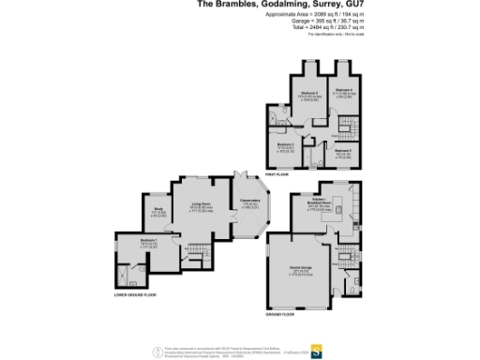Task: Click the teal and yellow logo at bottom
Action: click(x=319, y=352)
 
